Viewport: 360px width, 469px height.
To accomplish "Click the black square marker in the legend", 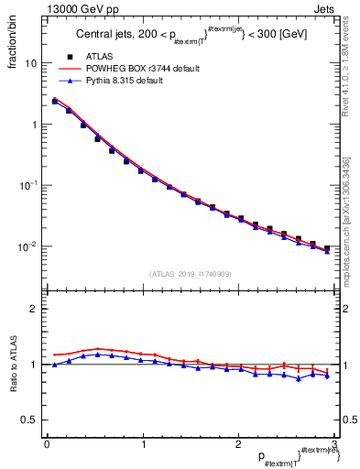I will pos(70,57).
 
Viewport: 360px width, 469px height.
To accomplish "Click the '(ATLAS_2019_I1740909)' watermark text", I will pos(191,274).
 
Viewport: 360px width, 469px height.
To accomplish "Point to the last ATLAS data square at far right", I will pos(326,247).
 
